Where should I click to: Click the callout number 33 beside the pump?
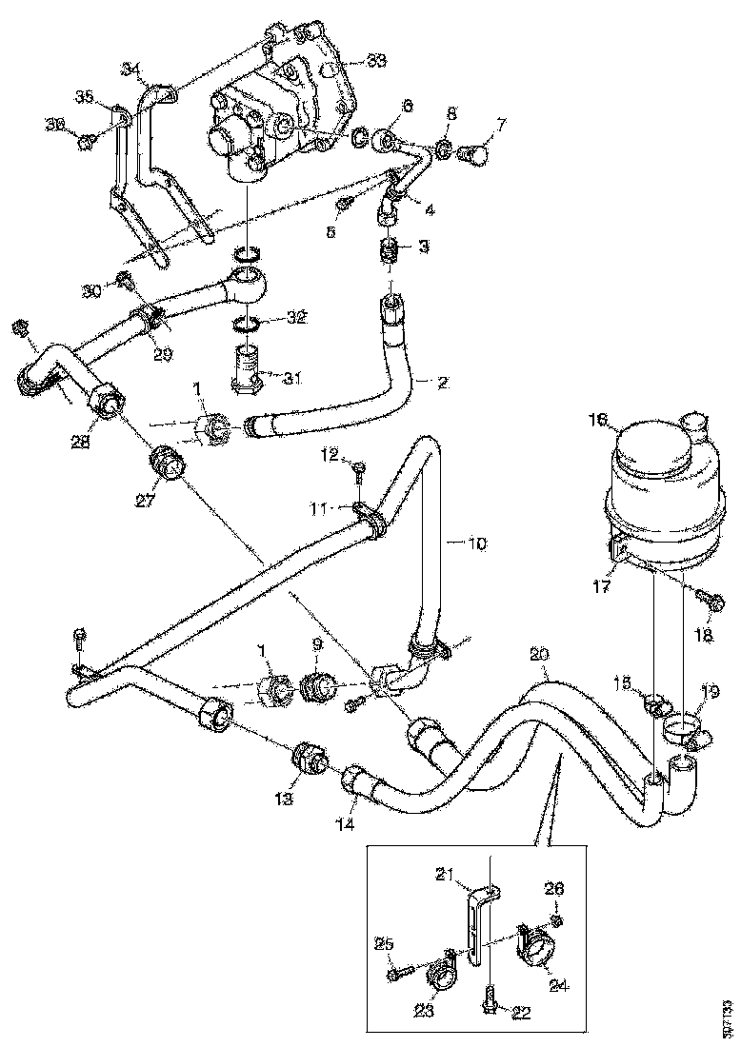[x=376, y=61]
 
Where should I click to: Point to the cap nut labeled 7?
[x=473, y=152]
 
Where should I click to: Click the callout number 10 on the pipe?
[x=475, y=543]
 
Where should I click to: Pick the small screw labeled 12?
[x=357, y=467]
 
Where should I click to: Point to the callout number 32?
[x=296, y=318]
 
